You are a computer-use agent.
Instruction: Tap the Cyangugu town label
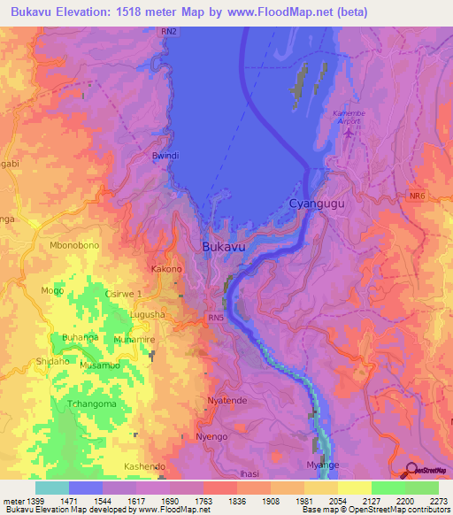point(316,204)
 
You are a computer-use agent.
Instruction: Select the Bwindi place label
point(165,156)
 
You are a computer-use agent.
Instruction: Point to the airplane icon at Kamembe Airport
point(349,134)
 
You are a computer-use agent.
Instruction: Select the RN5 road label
point(216,317)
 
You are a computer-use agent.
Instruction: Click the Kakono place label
point(166,269)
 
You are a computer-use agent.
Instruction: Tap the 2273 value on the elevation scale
point(437,501)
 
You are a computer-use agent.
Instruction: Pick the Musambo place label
point(99,365)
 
